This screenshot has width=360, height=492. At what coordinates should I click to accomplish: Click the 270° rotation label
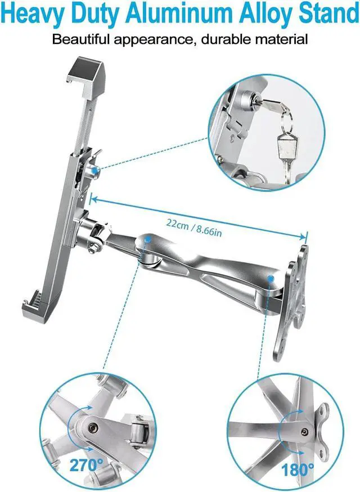[87, 466]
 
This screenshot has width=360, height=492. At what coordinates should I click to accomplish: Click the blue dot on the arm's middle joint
[147, 239]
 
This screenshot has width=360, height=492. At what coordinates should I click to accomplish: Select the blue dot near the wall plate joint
[271, 278]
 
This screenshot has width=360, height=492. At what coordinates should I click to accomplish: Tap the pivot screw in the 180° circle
[304, 431]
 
